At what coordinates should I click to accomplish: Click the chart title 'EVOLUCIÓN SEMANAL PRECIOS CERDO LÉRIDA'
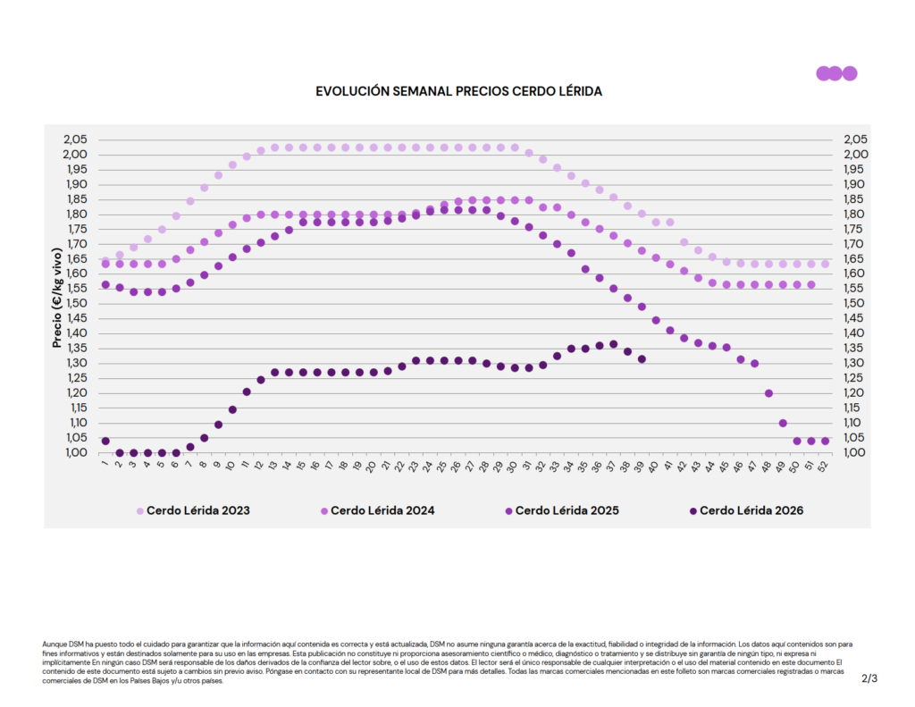tap(458, 92)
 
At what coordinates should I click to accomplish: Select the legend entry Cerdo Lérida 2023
tap(193, 511)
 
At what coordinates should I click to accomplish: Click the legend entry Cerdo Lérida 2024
tap(378, 511)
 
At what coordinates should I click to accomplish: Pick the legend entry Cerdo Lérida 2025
tap(562, 511)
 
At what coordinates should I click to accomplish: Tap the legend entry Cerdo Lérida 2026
tap(746, 511)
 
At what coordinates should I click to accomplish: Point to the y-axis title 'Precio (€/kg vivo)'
tap(57, 298)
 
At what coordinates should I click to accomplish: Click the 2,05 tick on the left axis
tap(76, 139)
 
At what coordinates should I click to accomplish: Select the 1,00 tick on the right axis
tap(855, 452)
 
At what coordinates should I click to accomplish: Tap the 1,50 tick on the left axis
tap(76, 304)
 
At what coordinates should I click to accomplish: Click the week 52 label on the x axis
tap(823, 466)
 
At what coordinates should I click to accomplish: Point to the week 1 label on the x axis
tap(105, 464)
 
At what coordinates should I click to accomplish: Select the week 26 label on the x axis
tap(456, 466)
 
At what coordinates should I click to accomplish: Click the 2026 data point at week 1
tap(105, 442)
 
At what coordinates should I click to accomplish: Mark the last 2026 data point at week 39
tap(642, 359)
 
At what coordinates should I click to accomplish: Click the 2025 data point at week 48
tap(768, 393)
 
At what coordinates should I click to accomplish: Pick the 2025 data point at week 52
tap(825, 442)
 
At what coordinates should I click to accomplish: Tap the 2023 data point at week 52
tap(825, 265)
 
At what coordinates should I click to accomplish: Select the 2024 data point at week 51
tap(811, 285)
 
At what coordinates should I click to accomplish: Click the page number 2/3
tap(869, 678)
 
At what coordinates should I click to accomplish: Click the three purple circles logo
tap(836, 73)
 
